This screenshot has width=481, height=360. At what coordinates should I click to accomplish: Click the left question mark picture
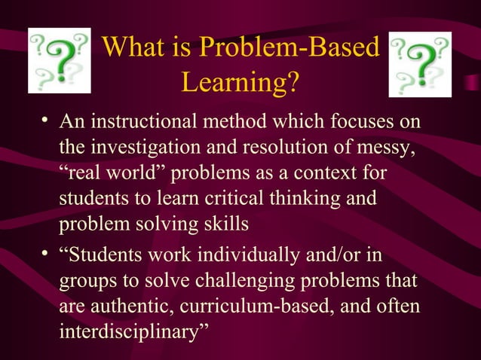click(x=59, y=60)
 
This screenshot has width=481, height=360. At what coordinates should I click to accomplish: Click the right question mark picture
click(x=420, y=64)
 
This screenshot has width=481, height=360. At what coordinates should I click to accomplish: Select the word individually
click(x=235, y=256)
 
